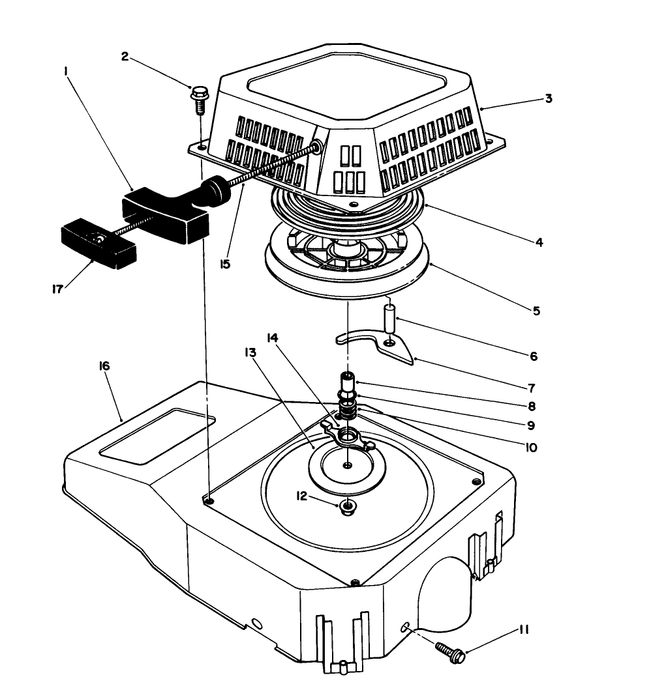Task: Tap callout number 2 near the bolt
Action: point(125,56)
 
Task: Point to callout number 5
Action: point(536,311)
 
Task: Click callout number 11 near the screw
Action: point(524,630)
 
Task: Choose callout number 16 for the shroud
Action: point(104,366)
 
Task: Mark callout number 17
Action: point(57,287)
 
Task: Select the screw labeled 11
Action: point(450,650)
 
